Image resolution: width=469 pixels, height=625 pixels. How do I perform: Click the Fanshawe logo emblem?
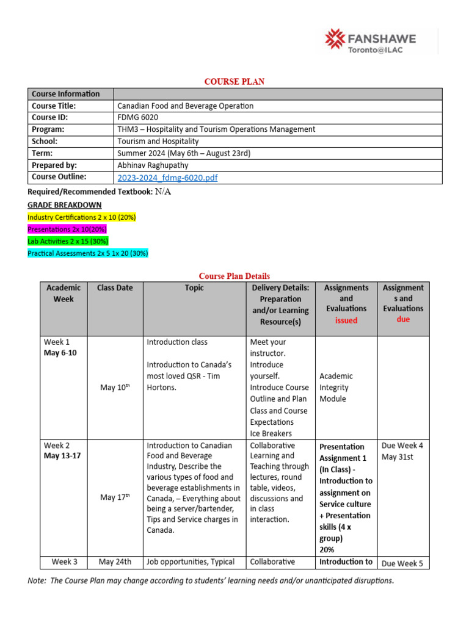tap(335, 40)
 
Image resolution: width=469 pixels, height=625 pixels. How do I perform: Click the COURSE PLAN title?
tap(234, 82)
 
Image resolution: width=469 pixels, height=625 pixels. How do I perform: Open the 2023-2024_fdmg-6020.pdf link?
tap(167, 178)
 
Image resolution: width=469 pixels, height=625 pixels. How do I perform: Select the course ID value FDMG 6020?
tap(137, 117)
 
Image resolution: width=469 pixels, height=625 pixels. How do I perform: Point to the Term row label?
tap(42, 153)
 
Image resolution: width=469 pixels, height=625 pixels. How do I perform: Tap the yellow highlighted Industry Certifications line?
tap(82, 217)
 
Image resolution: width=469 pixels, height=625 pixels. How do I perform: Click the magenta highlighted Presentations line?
tap(67, 229)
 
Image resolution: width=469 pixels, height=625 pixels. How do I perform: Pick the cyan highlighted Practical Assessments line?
tap(88, 253)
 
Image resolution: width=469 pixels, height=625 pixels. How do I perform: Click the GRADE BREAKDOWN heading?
tap(65, 205)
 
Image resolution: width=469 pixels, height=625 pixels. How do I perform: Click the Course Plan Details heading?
tap(234, 276)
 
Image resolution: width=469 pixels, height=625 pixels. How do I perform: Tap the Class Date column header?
tap(115, 288)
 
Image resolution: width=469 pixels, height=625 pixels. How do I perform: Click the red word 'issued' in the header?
tap(346, 320)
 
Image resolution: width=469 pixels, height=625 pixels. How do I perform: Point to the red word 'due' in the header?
tap(403, 319)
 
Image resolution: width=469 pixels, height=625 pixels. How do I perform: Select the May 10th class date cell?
tap(115, 388)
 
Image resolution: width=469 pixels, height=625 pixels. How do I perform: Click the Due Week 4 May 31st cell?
tap(402, 450)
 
